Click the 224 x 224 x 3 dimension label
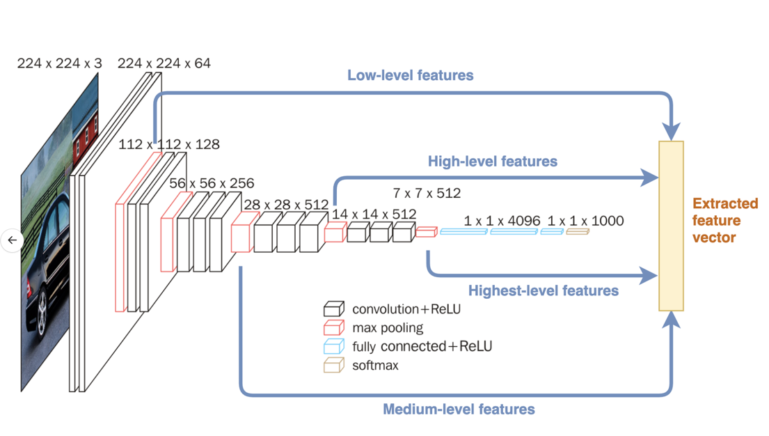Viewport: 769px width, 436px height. pos(59,63)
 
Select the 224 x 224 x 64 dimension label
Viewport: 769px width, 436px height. pos(164,63)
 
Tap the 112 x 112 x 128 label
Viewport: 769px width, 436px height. pos(169,145)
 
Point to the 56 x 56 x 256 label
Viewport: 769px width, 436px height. pos(212,184)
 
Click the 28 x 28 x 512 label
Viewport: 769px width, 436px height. pos(286,205)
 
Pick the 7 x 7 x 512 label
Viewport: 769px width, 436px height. pos(427,193)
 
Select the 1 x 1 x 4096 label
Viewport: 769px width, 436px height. pos(502,221)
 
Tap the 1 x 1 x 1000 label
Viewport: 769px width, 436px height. pos(585,221)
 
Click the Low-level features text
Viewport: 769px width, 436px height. pos(411,75)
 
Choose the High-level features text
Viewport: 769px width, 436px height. pos(493,162)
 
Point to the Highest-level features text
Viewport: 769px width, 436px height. pos(544,290)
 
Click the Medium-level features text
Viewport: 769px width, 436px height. pos(459,409)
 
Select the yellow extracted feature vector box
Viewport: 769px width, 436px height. pos(672,226)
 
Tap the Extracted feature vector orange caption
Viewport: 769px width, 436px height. pos(725,221)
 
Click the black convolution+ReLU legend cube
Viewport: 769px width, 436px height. pos(334,309)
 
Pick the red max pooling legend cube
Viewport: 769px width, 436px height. pos(334,327)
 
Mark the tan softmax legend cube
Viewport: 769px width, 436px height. pos(334,365)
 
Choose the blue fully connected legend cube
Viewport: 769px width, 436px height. pos(334,346)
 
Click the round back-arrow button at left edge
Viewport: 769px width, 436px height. pos(13,240)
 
